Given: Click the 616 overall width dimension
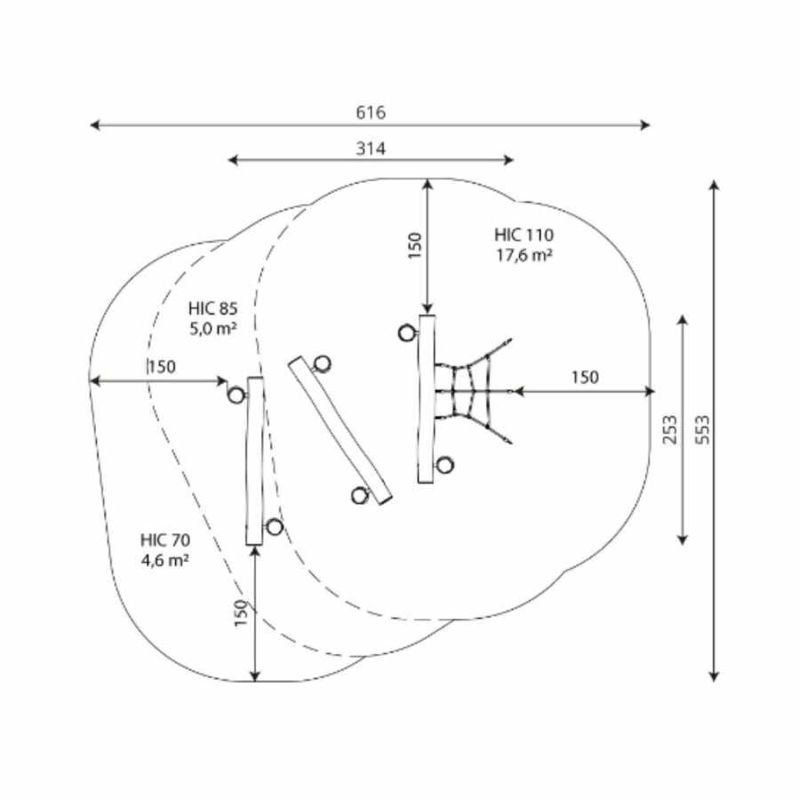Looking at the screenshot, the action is tap(371, 112).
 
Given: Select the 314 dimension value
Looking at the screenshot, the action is tap(371, 148).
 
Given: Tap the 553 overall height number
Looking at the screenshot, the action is tap(702, 429).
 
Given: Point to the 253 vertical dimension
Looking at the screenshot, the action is tap(670, 429).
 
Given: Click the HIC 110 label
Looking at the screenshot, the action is tap(524, 236).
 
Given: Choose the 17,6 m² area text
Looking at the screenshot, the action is tap(524, 254).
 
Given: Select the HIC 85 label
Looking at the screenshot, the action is tap(212, 308).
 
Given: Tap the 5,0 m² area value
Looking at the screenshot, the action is tap(213, 329).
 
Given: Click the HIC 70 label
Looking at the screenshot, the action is tap(165, 540).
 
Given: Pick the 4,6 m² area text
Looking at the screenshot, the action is tap(165, 560).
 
